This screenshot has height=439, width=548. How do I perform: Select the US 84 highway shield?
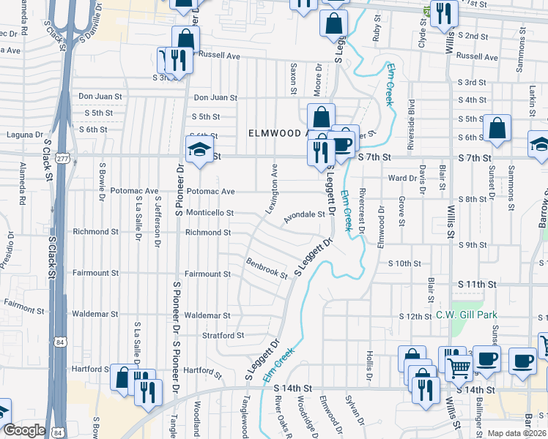coord(59,342)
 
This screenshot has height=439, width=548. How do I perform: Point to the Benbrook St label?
coord(267,268)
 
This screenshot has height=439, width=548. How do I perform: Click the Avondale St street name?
coord(304,214)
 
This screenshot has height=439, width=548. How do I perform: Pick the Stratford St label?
coord(224,336)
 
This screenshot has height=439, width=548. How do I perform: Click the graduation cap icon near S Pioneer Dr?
coord(199,150)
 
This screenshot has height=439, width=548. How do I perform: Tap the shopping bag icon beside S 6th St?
coord(497,129)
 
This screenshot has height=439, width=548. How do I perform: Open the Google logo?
coord(24,430)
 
